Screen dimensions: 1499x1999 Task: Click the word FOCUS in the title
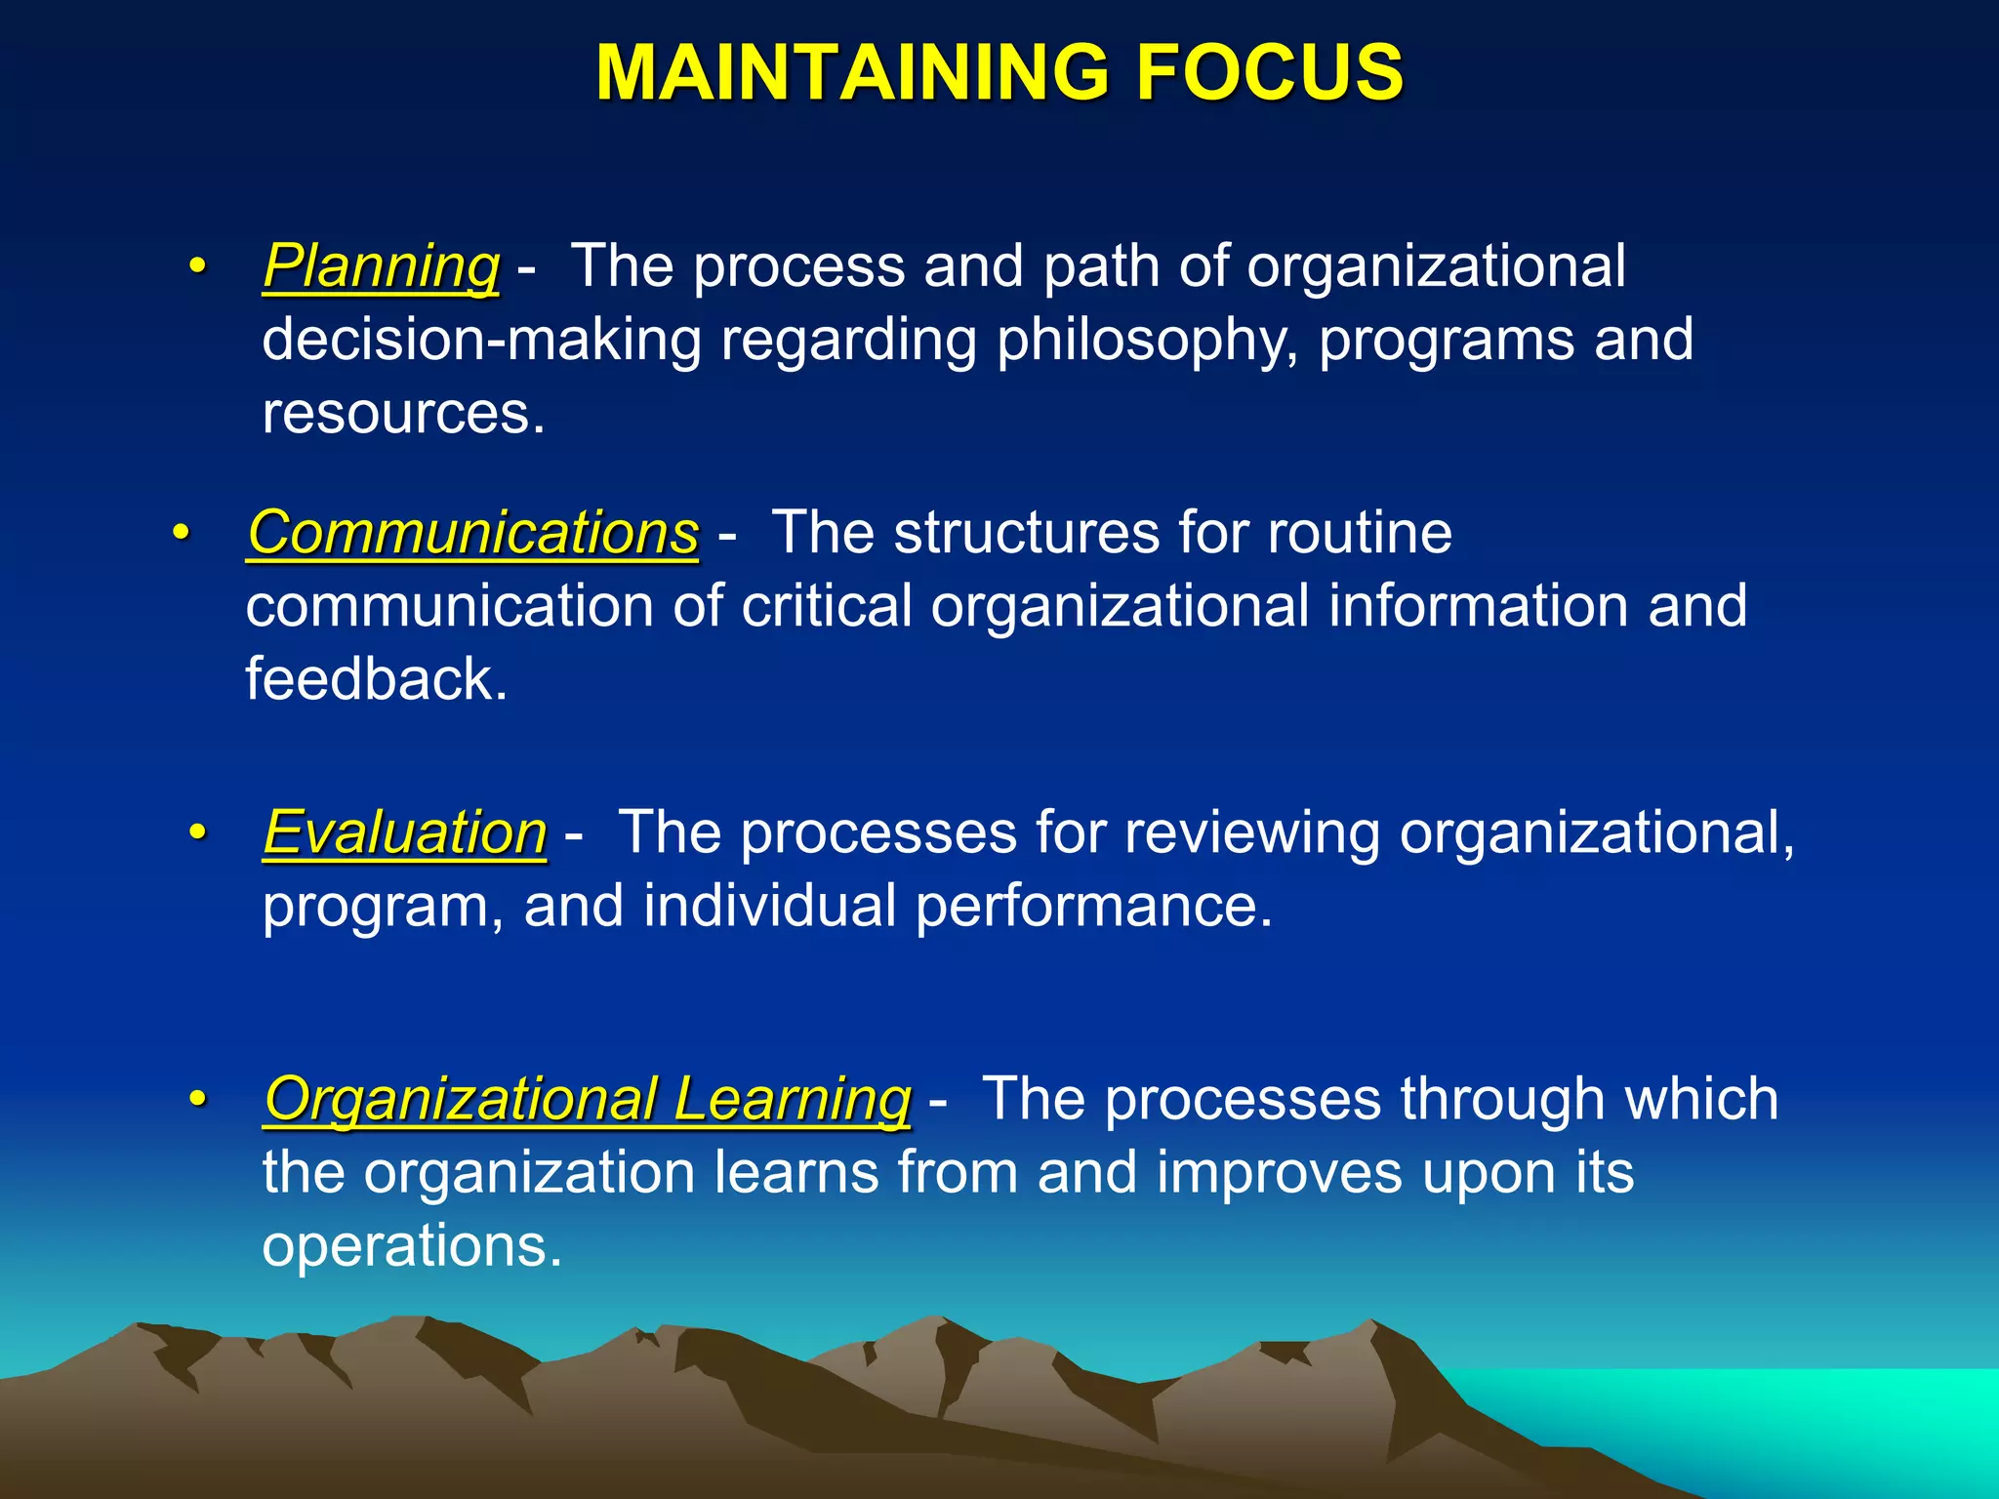tap(1269, 73)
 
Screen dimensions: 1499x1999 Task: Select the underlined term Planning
tap(381, 266)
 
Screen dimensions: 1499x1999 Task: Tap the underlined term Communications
tap(473, 534)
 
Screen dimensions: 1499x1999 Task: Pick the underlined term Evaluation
tap(405, 833)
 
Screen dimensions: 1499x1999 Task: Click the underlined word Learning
tap(792, 1100)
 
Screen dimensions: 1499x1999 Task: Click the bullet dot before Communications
tap(181, 534)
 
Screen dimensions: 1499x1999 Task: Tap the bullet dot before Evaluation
tap(198, 833)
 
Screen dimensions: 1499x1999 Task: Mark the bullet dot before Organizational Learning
tap(198, 1100)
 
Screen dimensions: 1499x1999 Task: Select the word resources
tap(402, 414)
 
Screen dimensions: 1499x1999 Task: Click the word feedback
tap(376, 679)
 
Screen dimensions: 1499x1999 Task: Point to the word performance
tap(1093, 907)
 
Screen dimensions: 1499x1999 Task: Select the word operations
tap(411, 1246)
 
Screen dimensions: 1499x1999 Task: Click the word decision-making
tap(482, 341)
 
